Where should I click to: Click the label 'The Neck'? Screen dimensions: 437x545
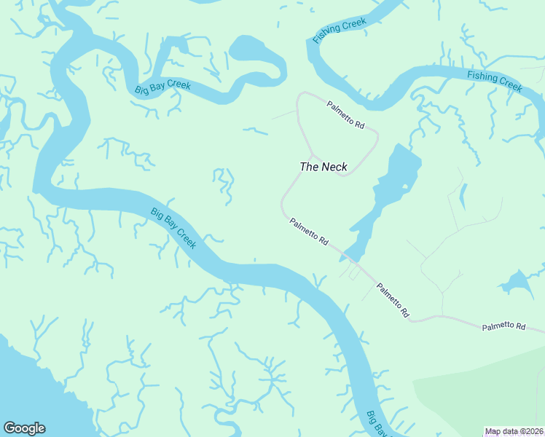[324, 167]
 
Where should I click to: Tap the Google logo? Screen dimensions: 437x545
[24, 428]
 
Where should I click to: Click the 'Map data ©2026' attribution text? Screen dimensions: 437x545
[514, 431]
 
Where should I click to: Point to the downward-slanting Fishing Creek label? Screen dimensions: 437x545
[495, 80]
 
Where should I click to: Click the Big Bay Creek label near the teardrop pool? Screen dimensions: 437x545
[162, 87]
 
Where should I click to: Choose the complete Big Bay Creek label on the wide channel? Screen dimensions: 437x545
[173, 228]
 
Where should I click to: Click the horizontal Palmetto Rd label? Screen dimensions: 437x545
[503, 327]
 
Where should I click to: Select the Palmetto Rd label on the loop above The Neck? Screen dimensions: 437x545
[345, 114]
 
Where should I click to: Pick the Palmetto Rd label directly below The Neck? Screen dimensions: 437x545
[309, 231]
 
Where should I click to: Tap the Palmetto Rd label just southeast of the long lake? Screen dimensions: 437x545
[392, 300]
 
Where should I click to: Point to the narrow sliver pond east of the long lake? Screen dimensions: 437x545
[463, 196]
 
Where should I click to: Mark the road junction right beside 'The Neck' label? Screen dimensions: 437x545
[312, 155]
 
